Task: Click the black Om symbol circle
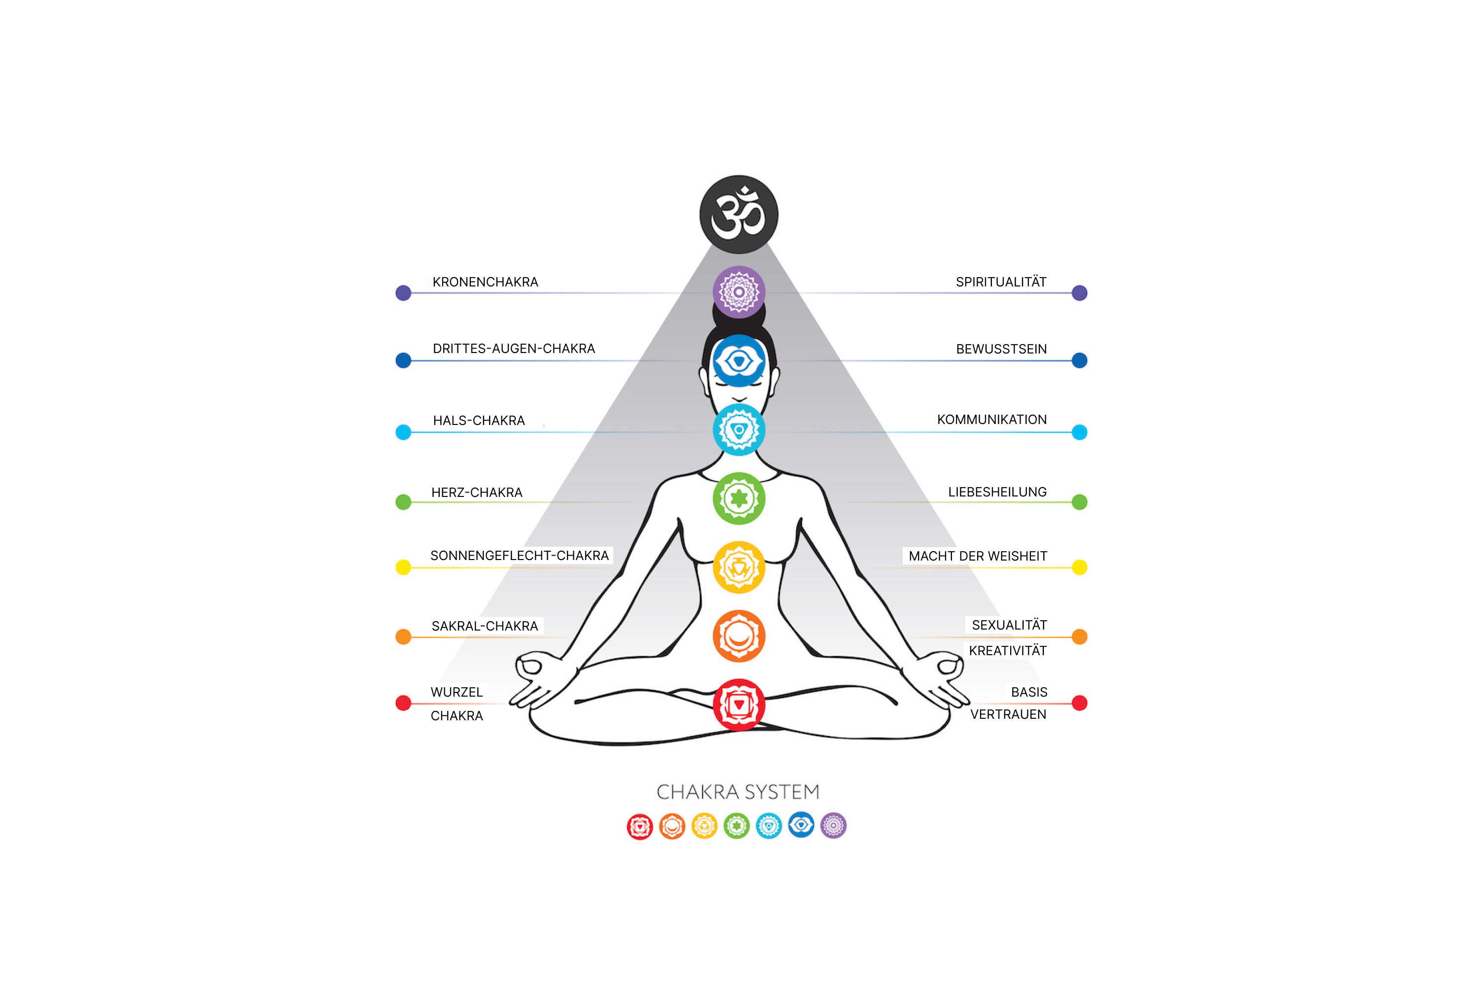coord(739,214)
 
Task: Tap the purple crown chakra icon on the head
coord(739,292)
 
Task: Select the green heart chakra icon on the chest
coord(739,498)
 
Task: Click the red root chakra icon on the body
coord(739,704)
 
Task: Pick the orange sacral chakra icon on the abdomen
coord(739,636)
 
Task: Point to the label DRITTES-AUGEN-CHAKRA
coord(513,349)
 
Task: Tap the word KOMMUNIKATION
coord(991,420)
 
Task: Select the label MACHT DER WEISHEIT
coord(978,557)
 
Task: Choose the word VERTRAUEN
coord(1008,715)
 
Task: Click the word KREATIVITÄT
coord(1007,651)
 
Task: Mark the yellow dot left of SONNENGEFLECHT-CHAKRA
coord(403,567)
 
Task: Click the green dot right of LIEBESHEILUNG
coord(1080,502)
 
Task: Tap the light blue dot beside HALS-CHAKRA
coord(403,432)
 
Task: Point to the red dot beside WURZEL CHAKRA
coord(403,703)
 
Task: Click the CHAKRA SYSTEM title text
coord(738,792)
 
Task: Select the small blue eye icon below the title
coord(801,825)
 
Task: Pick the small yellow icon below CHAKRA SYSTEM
coord(704,826)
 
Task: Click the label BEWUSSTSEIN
coord(1001,350)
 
